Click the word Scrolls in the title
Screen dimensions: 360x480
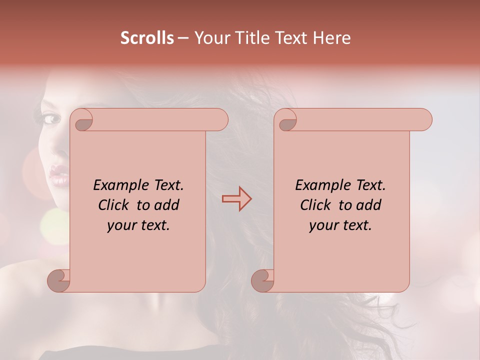(x=147, y=38)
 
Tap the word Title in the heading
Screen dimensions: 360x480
(x=251, y=38)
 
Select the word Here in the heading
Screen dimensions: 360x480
(x=331, y=38)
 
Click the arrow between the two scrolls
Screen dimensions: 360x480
(x=236, y=199)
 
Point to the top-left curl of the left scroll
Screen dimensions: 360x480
(x=81, y=121)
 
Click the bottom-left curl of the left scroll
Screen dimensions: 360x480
(x=59, y=280)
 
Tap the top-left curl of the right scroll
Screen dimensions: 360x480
(x=286, y=121)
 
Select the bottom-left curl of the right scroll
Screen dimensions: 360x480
(x=262, y=280)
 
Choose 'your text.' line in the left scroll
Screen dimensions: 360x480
(x=138, y=225)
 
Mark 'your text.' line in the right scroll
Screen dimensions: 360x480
(x=340, y=225)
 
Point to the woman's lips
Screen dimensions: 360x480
(x=58, y=174)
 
